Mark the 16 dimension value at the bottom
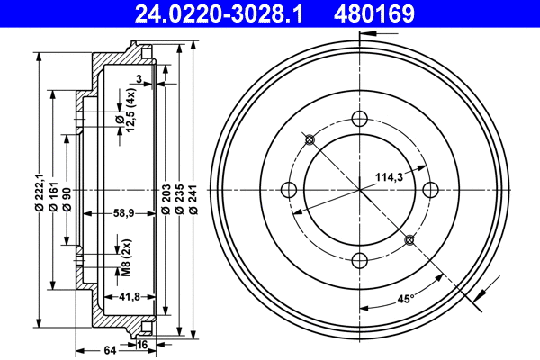pos(143,344)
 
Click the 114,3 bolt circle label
pos(388,177)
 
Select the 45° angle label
pos(406,300)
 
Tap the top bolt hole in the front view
pos(360,119)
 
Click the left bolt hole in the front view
pos(290,189)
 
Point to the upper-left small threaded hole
pos(310,139)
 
